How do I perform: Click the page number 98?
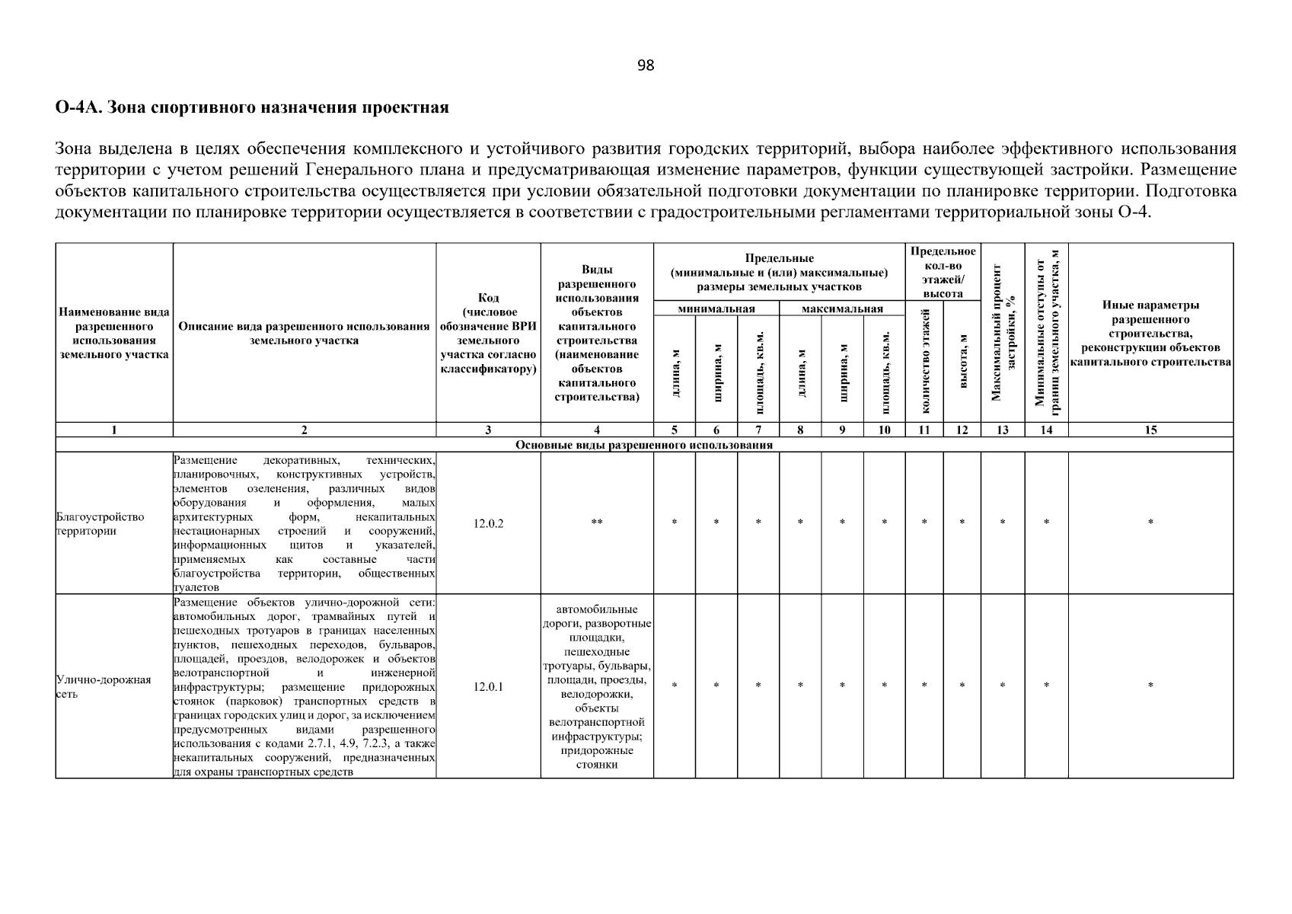645,66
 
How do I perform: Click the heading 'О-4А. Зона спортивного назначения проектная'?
252,107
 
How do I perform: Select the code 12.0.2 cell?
488,523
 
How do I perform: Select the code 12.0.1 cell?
488,686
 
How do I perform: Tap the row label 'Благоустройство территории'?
100,524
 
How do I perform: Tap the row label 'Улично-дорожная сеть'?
103,687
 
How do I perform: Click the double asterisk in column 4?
596,523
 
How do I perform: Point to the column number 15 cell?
1150,430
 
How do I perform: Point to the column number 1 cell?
114,430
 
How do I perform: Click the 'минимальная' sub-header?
716,308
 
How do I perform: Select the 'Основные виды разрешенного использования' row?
644,445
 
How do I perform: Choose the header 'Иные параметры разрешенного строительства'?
1150,333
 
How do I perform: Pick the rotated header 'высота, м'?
962,362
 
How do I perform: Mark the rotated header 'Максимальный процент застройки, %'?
1002,333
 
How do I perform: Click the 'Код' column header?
488,333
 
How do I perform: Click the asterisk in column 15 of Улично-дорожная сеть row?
1150,686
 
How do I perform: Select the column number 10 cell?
884,430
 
